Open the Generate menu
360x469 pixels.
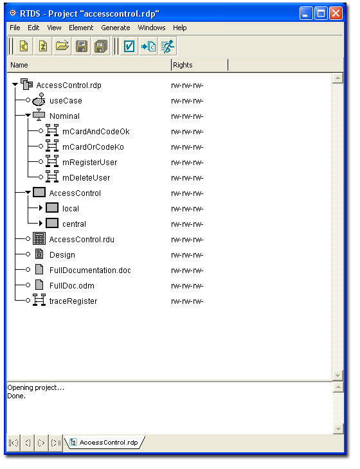click(116, 28)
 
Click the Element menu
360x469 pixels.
click(81, 28)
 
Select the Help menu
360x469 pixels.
click(179, 28)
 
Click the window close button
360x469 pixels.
click(336, 13)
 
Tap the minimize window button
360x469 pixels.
click(306, 13)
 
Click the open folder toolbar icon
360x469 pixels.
click(62, 46)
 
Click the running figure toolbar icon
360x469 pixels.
click(168, 46)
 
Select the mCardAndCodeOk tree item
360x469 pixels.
click(96, 132)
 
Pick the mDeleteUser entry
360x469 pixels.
click(86, 178)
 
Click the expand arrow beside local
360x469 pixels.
click(40, 208)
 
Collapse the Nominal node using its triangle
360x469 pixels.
click(28, 115)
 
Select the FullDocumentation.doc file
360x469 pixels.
click(90, 270)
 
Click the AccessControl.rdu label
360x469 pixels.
click(82, 240)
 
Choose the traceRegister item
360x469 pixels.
click(73, 301)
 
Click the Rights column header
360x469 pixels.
click(183, 65)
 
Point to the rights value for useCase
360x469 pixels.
click(187, 101)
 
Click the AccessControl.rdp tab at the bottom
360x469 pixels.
click(109, 443)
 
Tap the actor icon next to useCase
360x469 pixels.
click(39, 100)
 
